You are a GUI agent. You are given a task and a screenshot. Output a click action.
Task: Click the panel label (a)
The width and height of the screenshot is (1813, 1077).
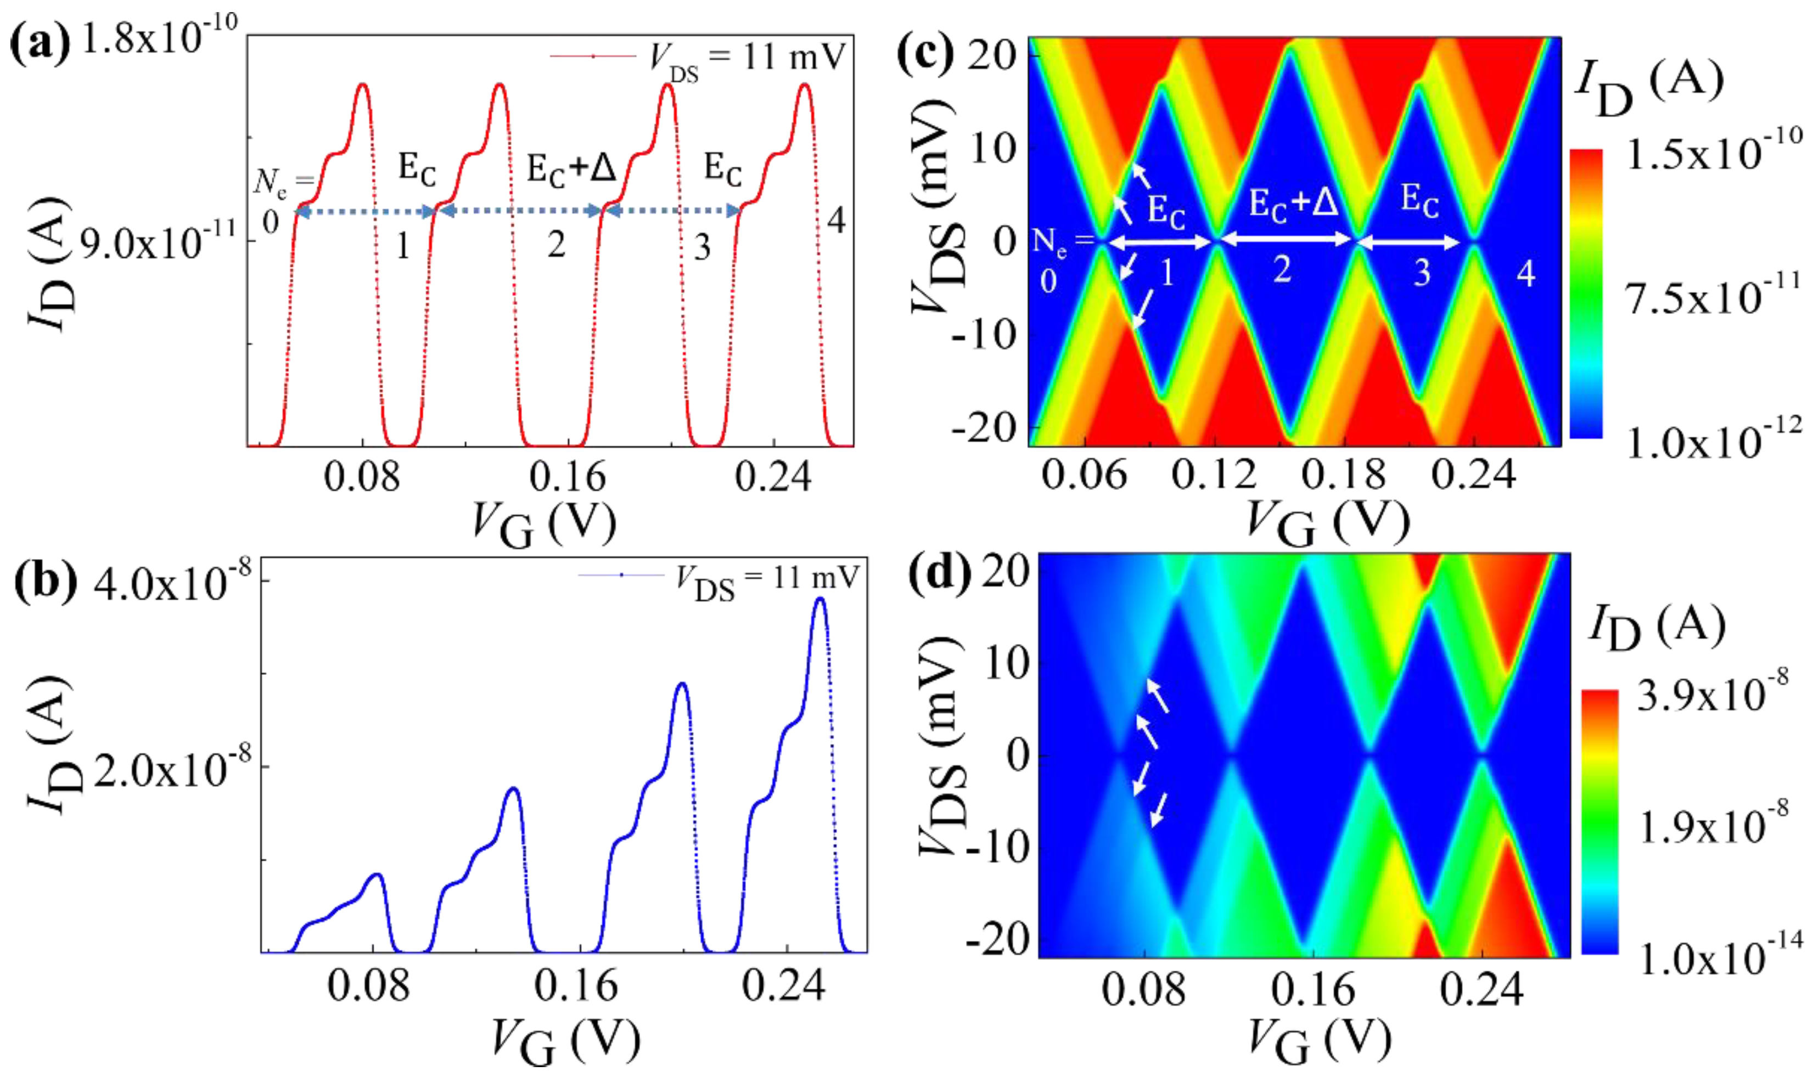click(40, 44)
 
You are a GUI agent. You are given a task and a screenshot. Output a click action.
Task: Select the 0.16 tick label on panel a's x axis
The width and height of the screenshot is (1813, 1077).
click(567, 477)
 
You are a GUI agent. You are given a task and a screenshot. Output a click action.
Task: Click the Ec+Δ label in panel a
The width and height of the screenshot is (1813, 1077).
click(571, 169)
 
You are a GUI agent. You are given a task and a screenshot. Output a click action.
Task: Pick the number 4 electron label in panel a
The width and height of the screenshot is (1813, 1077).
click(837, 220)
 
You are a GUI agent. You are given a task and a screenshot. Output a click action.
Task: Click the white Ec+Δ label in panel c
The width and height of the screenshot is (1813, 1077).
click(1293, 201)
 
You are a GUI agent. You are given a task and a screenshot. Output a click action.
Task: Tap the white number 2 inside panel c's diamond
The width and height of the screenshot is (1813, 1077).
click(1282, 270)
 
